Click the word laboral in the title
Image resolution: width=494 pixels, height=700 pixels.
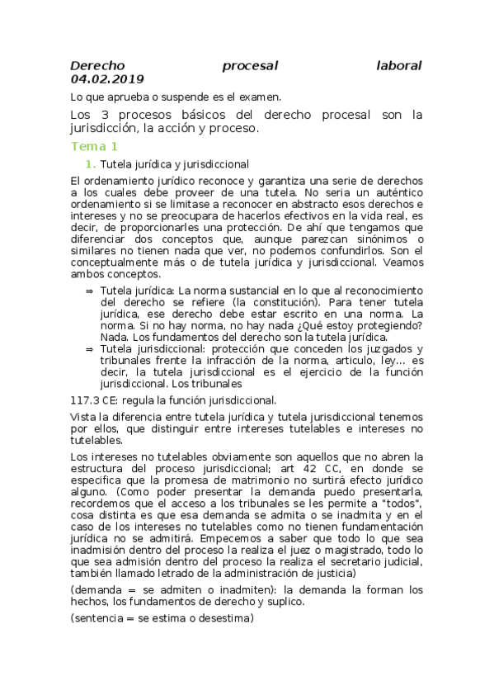[x=398, y=65]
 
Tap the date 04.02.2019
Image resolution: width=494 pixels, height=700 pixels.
[x=107, y=79]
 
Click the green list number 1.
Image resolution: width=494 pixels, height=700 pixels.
[x=91, y=164]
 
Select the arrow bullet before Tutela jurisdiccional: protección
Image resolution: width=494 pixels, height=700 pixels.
[x=89, y=349]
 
